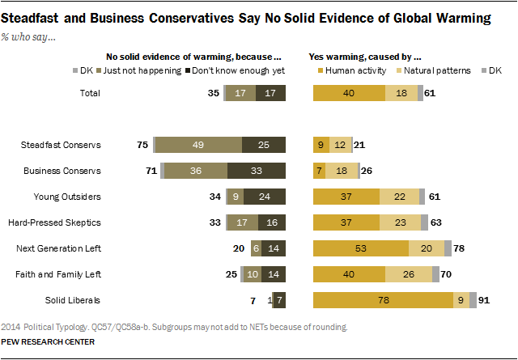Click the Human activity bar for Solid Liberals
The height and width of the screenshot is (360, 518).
[383, 301]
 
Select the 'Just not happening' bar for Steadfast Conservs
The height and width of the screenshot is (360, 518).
[198, 145]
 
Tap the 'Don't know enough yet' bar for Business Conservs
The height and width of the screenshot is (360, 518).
[257, 171]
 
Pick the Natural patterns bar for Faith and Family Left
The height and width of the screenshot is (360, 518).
[409, 275]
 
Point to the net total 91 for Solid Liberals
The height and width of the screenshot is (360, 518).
[486, 301]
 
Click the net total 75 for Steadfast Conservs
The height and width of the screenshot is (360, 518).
[143, 145]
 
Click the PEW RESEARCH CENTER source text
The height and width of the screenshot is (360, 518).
[49, 342]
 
